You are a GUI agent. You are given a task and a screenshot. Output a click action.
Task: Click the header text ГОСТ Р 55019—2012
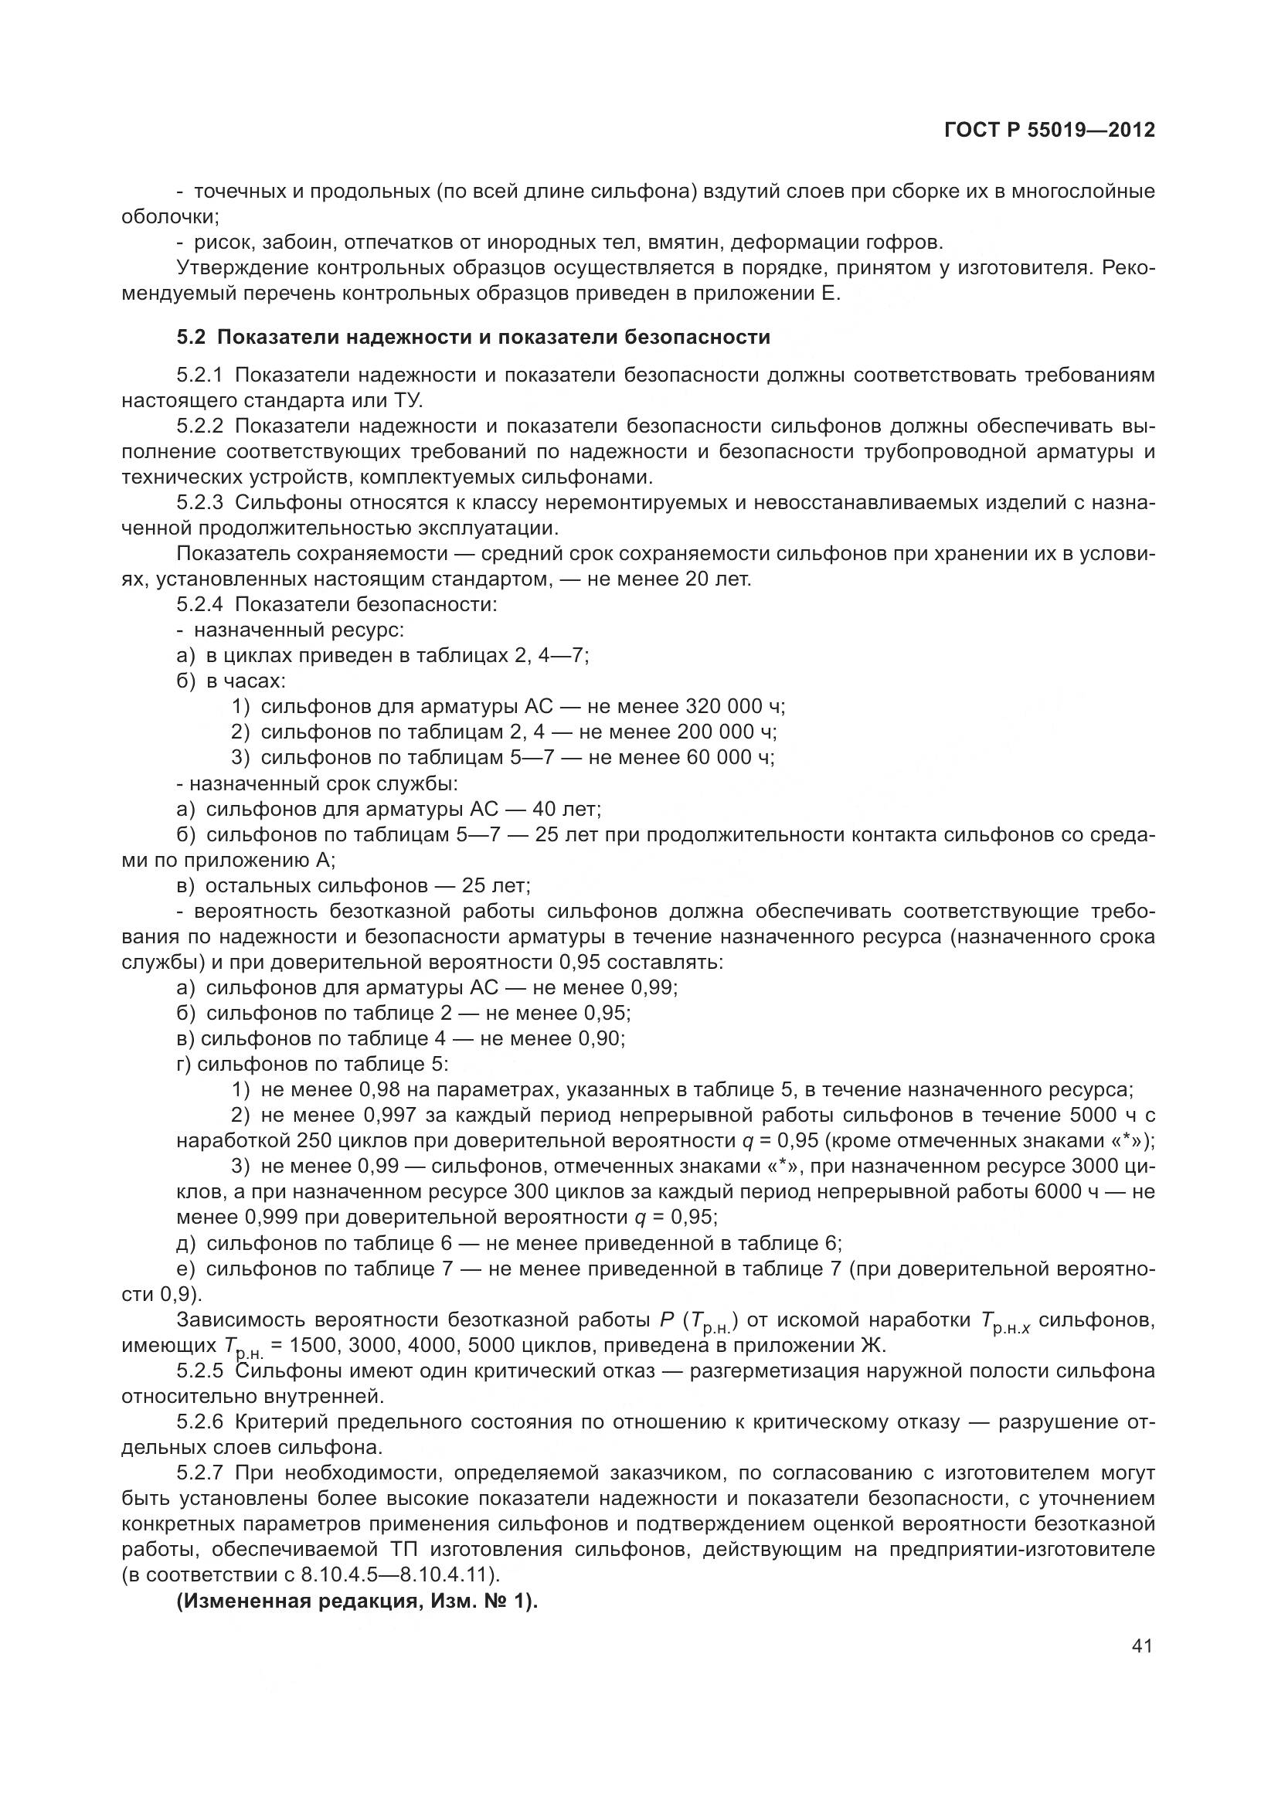pos(1049,131)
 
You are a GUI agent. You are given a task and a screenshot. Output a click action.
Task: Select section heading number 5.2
pos(190,338)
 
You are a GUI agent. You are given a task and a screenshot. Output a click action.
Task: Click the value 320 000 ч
pos(734,706)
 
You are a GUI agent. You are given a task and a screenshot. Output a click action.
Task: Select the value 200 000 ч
pos(726,732)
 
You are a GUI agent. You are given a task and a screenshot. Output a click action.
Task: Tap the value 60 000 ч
pos(729,757)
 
